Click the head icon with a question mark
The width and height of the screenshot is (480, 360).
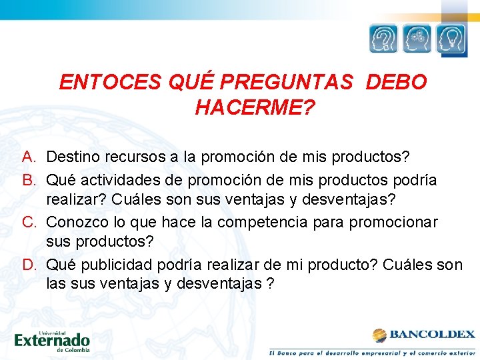click(x=384, y=39)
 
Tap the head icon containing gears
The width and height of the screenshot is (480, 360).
click(x=417, y=39)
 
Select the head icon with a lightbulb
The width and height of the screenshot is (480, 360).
click(x=451, y=39)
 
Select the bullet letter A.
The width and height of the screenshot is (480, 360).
click(x=28, y=157)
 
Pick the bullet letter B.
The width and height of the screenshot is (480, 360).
click(x=28, y=181)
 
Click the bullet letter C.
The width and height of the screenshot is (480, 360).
click(x=29, y=222)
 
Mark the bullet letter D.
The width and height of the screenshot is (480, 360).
click(x=29, y=265)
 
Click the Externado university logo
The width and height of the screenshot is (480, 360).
click(x=51, y=340)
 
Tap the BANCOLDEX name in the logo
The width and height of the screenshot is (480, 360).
click(x=432, y=334)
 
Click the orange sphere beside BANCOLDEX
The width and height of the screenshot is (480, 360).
click(x=379, y=335)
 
